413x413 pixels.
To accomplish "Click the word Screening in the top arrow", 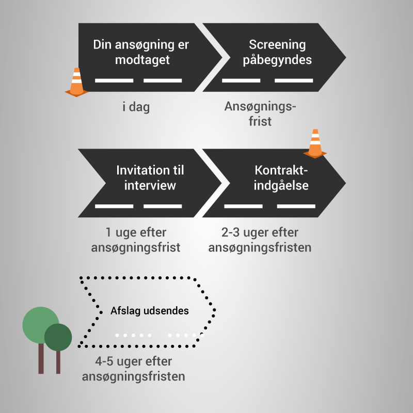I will click(277, 44).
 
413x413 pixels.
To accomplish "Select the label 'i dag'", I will click(136, 107).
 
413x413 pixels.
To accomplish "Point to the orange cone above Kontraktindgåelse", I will click(314, 142).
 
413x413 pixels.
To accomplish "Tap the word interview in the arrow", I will click(150, 185).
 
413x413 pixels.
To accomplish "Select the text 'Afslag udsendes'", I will click(150, 311).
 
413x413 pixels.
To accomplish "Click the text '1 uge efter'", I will click(135, 233).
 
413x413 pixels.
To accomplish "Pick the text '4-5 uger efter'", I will click(134, 361).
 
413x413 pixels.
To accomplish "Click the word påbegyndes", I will click(277, 59).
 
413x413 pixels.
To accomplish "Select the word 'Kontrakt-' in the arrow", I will click(281, 170).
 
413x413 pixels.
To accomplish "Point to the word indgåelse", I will click(281, 185).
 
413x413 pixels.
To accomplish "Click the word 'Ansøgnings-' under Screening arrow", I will click(261, 107).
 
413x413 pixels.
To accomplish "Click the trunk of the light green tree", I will click(41, 359).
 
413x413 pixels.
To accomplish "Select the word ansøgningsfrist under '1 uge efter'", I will click(135, 247).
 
